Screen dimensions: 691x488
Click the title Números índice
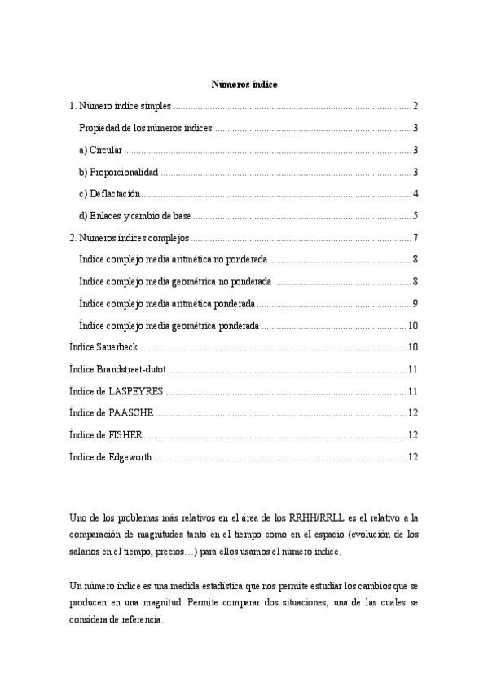coord(244,85)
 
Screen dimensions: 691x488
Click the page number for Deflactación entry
coord(415,194)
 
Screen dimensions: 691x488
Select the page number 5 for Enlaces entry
coord(415,216)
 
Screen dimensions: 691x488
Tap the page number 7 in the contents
coord(415,238)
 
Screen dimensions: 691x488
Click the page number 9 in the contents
coord(415,304)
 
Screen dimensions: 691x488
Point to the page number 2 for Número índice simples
coord(415,106)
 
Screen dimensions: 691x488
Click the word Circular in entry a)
coord(105,150)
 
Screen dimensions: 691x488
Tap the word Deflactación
coord(115,194)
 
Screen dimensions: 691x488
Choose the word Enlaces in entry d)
coord(105,216)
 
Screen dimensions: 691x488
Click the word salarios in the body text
coord(85,552)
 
